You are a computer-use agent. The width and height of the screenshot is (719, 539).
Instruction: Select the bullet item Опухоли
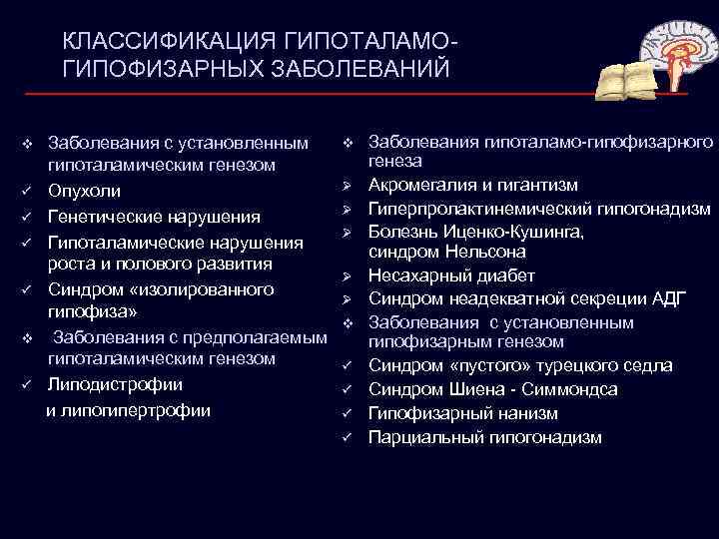coord(86,191)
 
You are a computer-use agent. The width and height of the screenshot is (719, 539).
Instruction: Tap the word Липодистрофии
coord(116,384)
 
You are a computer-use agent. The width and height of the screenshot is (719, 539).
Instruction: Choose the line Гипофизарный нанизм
coord(462,413)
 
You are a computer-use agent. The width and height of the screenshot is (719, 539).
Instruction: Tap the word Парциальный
coord(426,437)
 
